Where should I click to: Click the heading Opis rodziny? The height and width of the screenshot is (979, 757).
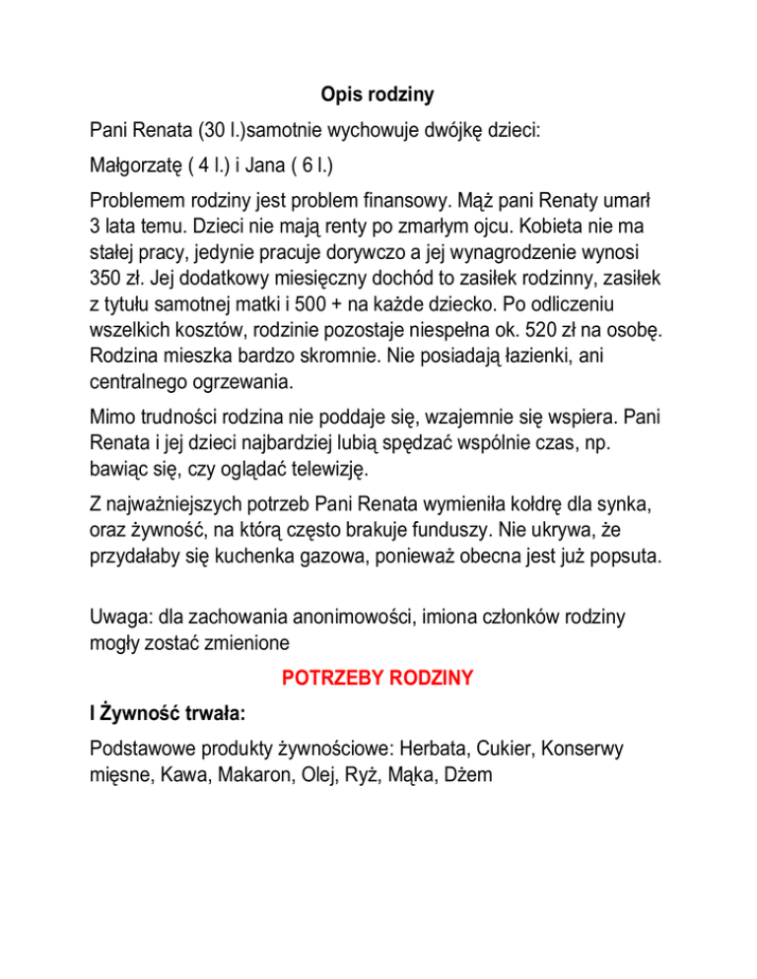click(378, 96)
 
